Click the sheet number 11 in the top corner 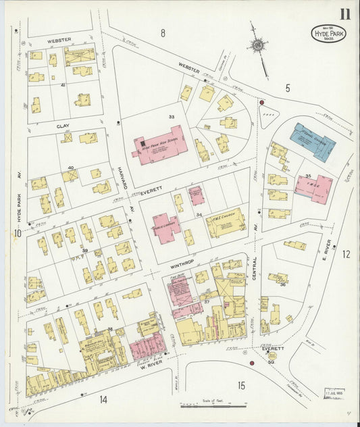(344, 13)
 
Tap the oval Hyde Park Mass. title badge (328, 33)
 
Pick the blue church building (312, 140)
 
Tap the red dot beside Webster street (261, 103)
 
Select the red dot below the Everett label (251, 363)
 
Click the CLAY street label (63, 126)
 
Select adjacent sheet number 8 (163, 32)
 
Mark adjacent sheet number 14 (102, 399)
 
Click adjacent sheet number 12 (346, 254)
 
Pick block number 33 (172, 117)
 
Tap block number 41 (63, 86)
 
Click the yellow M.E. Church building (225, 223)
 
